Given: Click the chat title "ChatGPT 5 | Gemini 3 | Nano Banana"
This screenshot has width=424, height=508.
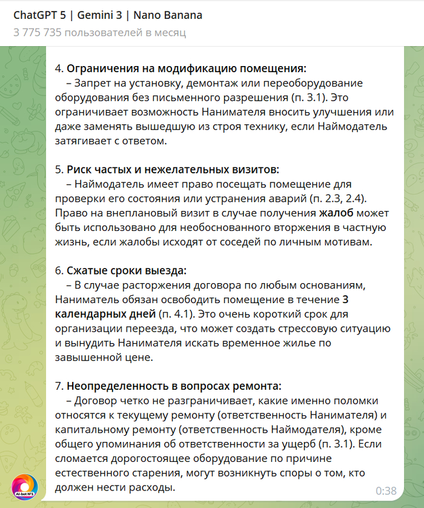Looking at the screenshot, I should point(108,15).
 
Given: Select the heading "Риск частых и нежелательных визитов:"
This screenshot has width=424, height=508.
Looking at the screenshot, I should point(173,169).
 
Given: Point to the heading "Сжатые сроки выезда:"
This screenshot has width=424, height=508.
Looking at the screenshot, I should point(127,270).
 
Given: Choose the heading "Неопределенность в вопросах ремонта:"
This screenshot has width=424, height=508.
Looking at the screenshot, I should point(174,386).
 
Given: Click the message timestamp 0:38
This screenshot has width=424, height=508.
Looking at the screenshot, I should point(386,490).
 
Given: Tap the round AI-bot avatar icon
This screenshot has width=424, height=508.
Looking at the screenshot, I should point(25,487).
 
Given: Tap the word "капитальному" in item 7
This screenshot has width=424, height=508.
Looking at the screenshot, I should point(90,429).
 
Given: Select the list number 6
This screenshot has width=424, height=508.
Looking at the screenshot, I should point(59,270).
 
